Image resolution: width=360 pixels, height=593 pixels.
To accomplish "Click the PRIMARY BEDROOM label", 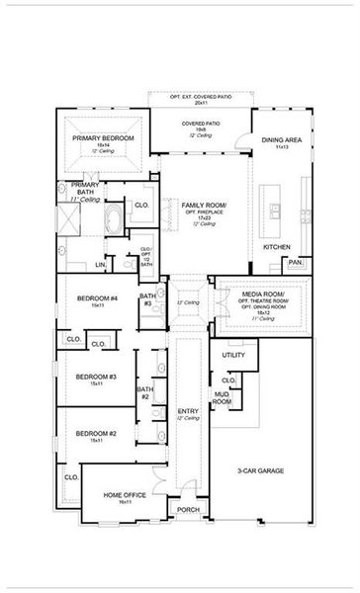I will coord(103,138).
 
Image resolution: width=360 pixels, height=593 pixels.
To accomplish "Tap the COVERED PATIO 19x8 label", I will coord(200,124).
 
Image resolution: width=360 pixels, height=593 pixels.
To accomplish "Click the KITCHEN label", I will coord(276,245).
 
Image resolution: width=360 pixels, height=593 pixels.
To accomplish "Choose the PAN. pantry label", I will coord(294,263).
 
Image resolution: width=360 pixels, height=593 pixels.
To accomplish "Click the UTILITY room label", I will coord(233,354).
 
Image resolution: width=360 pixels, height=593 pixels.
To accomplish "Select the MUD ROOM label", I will coord(223,398).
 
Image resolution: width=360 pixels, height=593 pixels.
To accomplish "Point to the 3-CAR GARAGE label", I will coord(262,471).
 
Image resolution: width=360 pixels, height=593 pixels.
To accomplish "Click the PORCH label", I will coord(187,510).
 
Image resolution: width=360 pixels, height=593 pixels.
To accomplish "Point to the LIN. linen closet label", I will coord(101,265).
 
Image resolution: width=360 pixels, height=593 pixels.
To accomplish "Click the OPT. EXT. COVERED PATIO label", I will coord(200,99).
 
